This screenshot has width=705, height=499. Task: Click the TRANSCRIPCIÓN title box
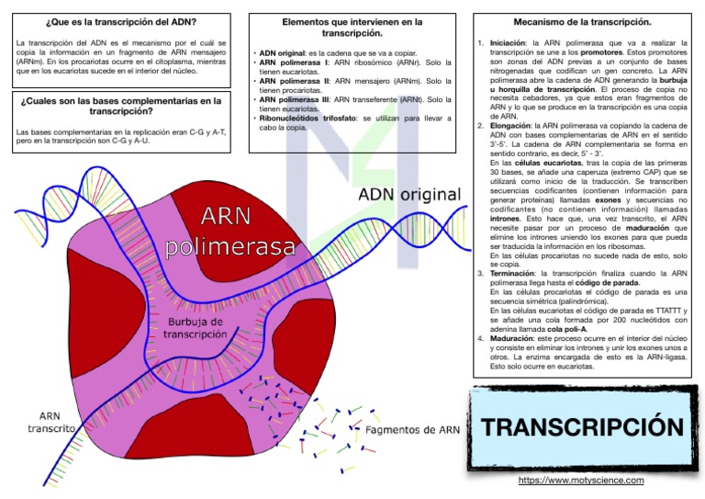(x=583, y=427)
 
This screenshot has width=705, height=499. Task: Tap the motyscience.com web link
(x=581, y=480)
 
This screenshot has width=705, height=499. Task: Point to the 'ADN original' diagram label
(x=408, y=195)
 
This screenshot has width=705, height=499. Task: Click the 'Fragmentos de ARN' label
(x=412, y=430)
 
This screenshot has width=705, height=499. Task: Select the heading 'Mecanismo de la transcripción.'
(x=582, y=21)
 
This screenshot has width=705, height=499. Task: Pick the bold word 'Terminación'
(x=512, y=273)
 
